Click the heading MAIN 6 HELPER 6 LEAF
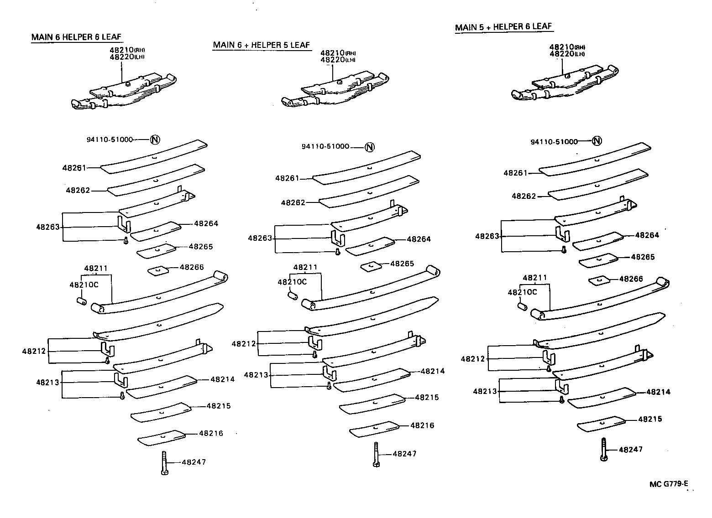click(77, 37)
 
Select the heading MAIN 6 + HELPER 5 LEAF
click(261, 45)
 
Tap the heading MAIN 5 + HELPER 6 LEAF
click(503, 27)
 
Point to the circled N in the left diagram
click(156, 140)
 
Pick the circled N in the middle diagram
click(370, 147)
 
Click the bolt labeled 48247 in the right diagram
click(605, 450)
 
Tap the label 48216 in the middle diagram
click(422, 425)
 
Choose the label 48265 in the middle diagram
click(402, 264)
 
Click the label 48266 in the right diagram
click(631, 279)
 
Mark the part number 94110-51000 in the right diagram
click(554, 142)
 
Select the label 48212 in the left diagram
click(34, 351)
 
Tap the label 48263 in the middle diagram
click(260, 238)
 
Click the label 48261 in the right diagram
click(515, 173)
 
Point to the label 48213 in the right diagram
click(485, 391)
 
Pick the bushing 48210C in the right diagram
click(521, 305)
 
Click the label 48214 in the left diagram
click(222, 379)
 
